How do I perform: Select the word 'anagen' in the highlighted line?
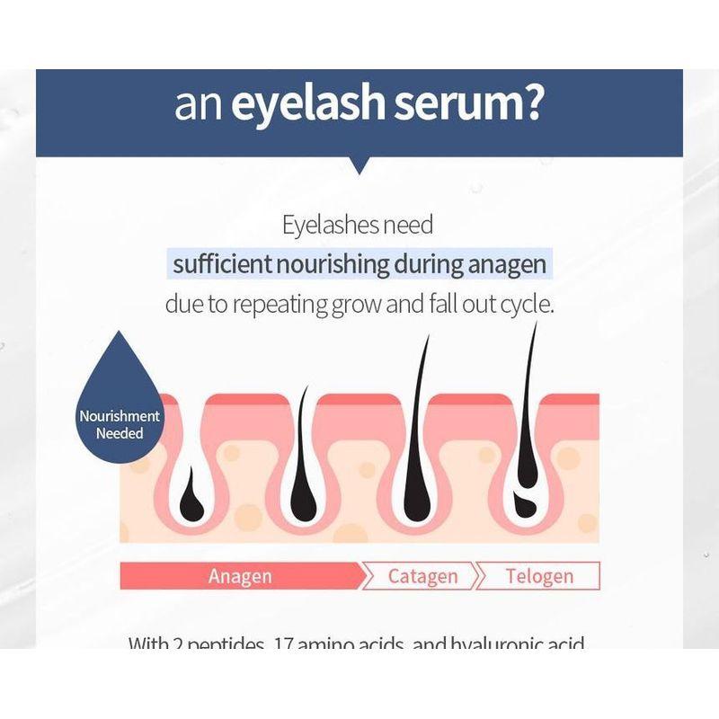click(506, 265)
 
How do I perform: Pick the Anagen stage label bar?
click(240, 575)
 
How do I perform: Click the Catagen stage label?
click(422, 575)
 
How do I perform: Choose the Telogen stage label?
click(539, 575)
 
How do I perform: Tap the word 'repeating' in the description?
click(280, 304)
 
